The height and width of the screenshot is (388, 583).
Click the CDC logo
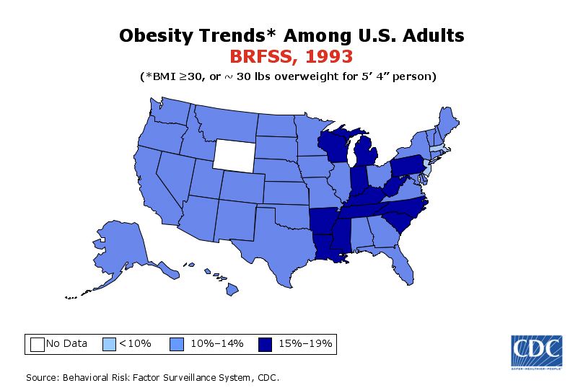pos(537,351)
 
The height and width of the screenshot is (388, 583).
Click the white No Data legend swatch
pos(37,343)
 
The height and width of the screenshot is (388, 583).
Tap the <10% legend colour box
pos(110,343)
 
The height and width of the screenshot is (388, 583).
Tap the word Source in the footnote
pos(41,377)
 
